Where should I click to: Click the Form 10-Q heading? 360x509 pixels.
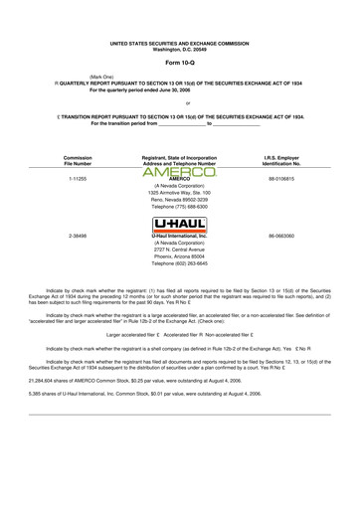point(180,63)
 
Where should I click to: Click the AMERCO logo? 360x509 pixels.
point(180,173)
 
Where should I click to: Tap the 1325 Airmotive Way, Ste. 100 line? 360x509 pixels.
point(180,191)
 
